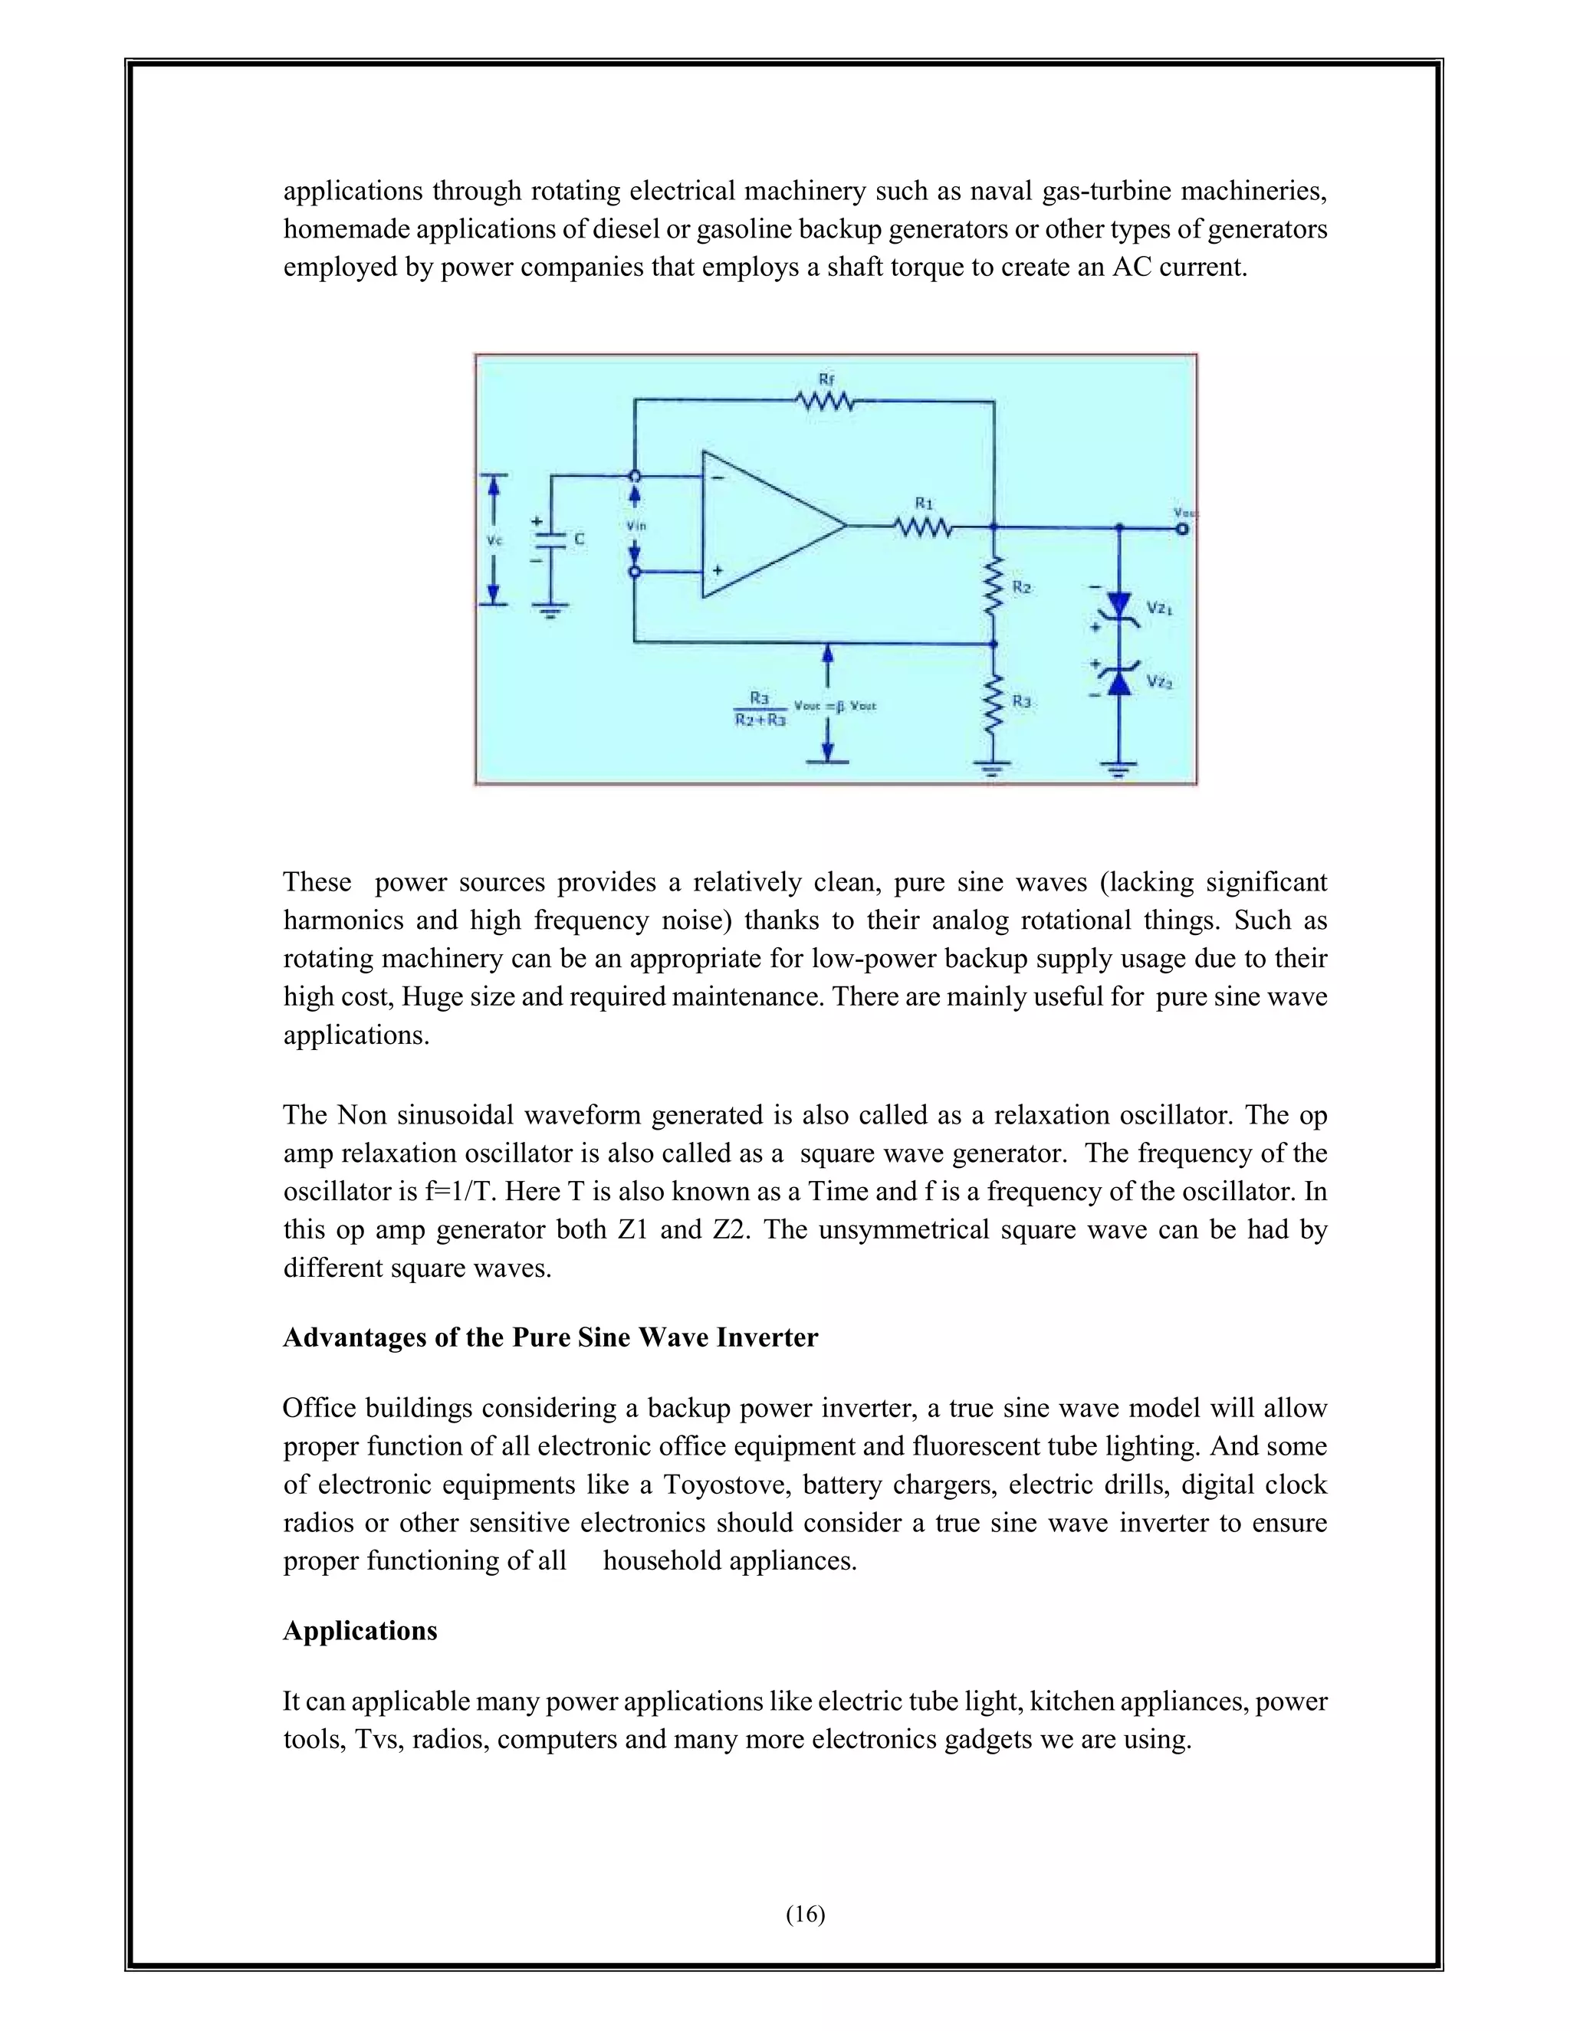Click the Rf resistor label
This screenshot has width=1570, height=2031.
point(826,379)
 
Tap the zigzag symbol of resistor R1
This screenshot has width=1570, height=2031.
point(923,527)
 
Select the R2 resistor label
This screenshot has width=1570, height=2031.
point(1021,588)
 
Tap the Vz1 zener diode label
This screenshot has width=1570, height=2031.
point(1159,609)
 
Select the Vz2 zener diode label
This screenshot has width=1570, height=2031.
point(1159,681)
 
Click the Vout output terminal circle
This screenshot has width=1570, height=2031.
point(1182,528)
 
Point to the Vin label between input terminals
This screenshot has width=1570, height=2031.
point(636,526)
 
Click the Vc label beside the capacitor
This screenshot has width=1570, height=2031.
point(494,540)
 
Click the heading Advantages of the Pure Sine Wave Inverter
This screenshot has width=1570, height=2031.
point(550,1337)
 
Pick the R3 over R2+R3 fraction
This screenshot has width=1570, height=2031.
point(759,707)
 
